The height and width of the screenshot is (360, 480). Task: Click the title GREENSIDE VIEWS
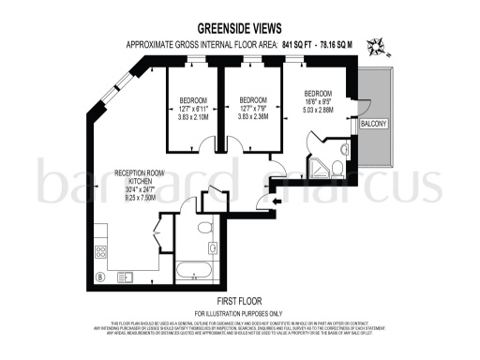[238, 30]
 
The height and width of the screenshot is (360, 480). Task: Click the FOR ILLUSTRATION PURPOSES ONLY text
[237, 312]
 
